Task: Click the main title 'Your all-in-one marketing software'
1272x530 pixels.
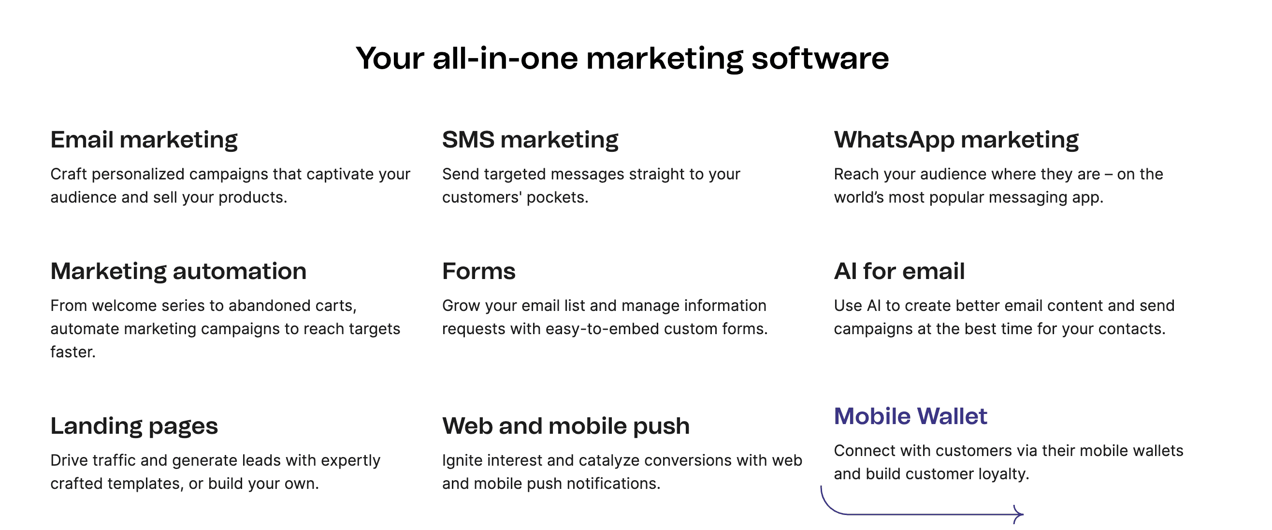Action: pos(622,59)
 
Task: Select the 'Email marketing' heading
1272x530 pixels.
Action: pos(144,140)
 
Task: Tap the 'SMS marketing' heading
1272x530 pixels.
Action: pos(530,140)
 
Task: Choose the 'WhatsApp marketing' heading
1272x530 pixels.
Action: pos(956,140)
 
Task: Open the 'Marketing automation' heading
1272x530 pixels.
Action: pos(178,271)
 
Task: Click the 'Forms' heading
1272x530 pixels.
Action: pos(478,271)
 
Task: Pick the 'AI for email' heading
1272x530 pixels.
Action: pos(899,271)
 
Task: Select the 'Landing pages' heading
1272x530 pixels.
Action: pos(134,426)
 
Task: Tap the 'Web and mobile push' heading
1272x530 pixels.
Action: pos(566,426)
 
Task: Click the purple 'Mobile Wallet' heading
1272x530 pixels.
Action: pos(911,416)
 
